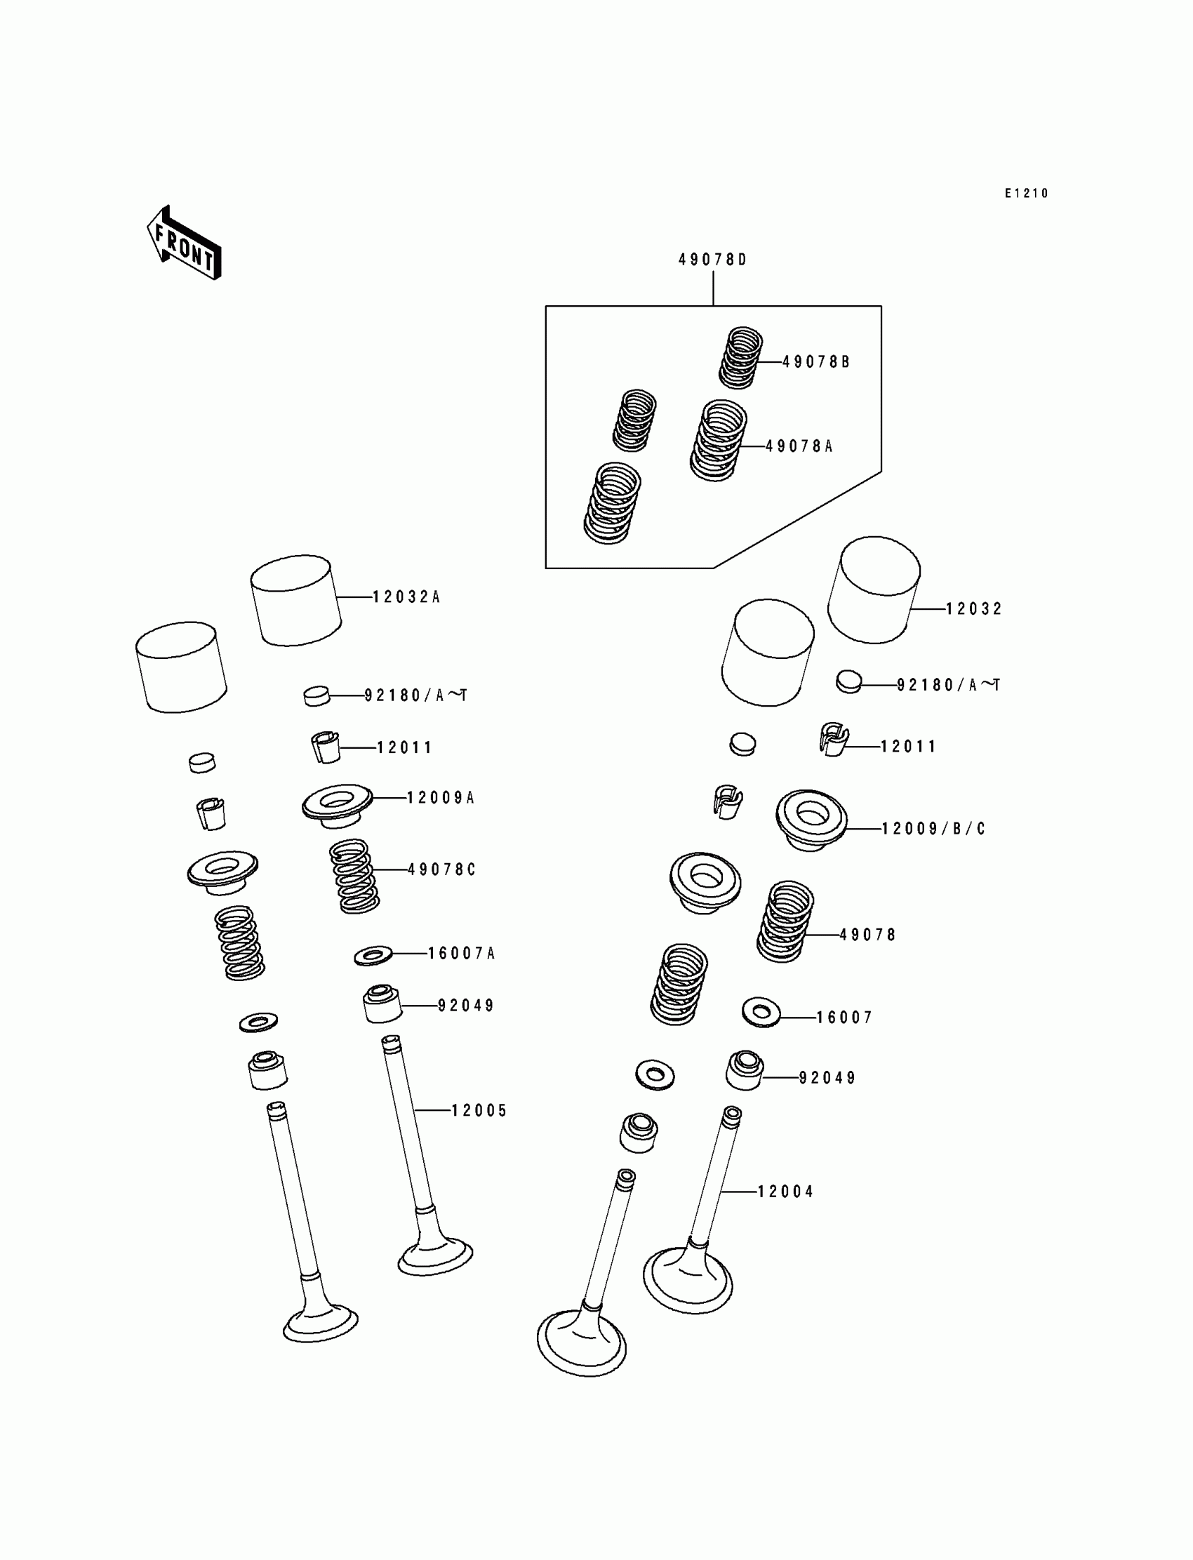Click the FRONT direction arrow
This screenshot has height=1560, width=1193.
click(x=184, y=243)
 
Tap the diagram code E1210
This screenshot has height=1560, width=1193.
click(x=1026, y=193)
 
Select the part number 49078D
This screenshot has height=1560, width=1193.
click(x=712, y=260)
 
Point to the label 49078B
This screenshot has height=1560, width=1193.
click(x=816, y=362)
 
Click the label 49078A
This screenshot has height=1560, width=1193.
click(x=799, y=446)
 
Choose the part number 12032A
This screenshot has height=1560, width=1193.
click(x=406, y=597)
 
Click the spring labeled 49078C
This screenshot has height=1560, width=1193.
click(x=354, y=876)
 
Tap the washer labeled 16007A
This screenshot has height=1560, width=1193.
click(x=373, y=956)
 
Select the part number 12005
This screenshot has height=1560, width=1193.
click(x=479, y=1111)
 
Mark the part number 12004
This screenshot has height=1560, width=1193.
click(x=785, y=1192)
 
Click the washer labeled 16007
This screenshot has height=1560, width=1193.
click(x=761, y=1012)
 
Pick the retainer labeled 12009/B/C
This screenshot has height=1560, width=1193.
click(x=811, y=820)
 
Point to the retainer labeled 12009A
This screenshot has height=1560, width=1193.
click(x=338, y=805)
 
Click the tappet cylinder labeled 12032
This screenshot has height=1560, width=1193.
click(x=874, y=591)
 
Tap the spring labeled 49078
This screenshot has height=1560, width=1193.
click(x=785, y=921)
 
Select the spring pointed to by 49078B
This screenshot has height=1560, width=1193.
click(x=740, y=357)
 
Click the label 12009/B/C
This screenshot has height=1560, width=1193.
click(x=933, y=829)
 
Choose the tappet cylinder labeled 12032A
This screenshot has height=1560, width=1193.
click(x=295, y=601)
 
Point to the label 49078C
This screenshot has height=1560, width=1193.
click(x=441, y=869)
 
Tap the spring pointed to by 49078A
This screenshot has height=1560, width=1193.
click(x=719, y=440)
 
